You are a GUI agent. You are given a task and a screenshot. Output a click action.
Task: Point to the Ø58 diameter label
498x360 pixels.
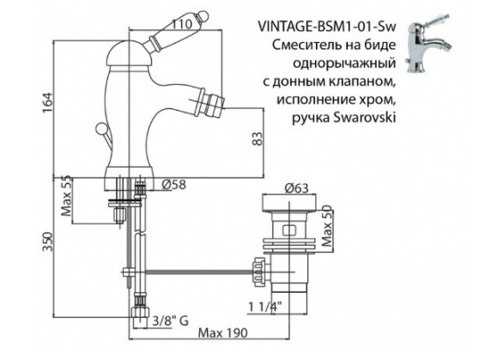click(175, 183)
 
